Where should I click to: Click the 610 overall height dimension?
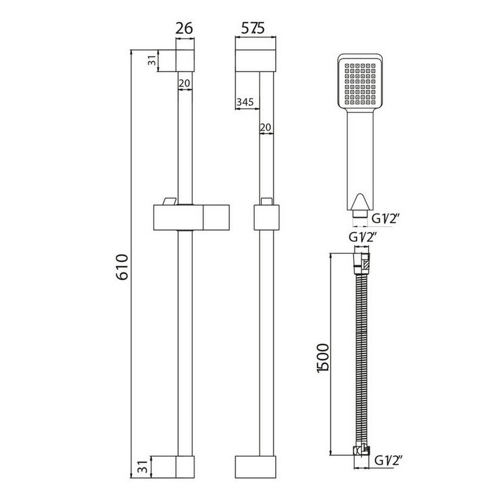pyautogui.click(x=122, y=267)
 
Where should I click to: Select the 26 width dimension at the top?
pyautogui.click(x=184, y=29)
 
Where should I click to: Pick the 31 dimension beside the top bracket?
pyautogui.click(x=152, y=61)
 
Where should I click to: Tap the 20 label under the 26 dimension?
pyautogui.click(x=184, y=83)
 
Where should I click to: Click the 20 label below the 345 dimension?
pyautogui.click(x=265, y=127)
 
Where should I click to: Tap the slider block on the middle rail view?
pyautogui.click(x=265, y=218)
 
